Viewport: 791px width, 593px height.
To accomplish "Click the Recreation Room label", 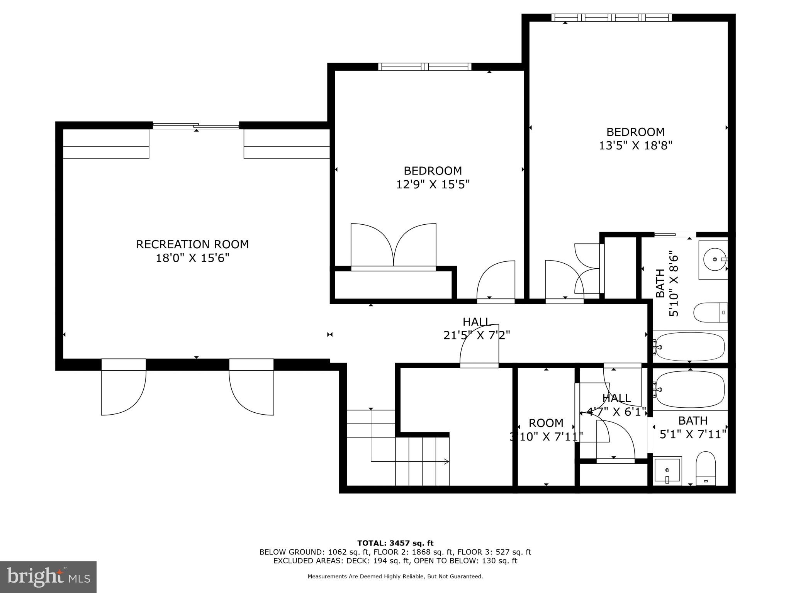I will (x=192, y=244).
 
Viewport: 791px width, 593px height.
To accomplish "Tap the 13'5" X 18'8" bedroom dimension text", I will (x=635, y=146).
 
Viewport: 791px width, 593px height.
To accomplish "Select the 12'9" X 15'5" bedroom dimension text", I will (x=433, y=185).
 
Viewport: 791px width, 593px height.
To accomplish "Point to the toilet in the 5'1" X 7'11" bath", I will (x=706, y=469).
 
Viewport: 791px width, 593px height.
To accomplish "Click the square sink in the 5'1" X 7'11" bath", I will (x=667, y=470).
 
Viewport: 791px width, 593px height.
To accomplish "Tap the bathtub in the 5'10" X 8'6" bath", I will (x=690, y=346).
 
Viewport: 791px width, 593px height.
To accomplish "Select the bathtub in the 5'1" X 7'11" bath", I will (x=690, y=389).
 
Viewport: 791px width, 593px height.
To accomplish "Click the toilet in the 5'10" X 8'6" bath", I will (x=710, y=312).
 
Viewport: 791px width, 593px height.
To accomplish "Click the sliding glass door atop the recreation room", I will (x=196, y=125).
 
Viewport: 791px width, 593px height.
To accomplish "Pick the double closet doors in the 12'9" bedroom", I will (x=393, y=246).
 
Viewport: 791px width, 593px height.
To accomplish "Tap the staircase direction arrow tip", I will (x=447, y=461).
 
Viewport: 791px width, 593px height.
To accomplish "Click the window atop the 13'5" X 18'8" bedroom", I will (x=611, y=17).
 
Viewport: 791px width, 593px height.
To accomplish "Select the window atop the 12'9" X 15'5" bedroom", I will (x=424, y=67).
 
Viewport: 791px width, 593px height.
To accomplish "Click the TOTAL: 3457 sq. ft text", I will (x=395, y=544).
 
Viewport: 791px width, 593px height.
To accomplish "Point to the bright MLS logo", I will (x=48, y=577).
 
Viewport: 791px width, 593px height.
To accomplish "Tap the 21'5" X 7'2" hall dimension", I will (x=477, y=335).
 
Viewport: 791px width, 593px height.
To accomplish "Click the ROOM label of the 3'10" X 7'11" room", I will (x=546, y=423).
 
